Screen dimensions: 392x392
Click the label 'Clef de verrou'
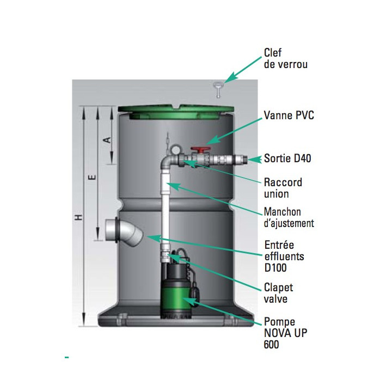(285, 58)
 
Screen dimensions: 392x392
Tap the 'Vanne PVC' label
(289, 115)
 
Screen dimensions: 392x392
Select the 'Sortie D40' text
(287, 158)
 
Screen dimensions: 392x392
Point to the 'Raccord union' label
(283, 188)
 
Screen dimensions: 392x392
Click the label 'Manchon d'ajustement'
(289, 217)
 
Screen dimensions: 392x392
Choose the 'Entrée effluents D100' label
(284, 256)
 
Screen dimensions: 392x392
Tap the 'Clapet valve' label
(279, 293)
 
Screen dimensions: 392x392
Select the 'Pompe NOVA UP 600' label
(285, 333)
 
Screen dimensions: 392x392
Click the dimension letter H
(79, 217)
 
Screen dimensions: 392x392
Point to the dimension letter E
(92, 177)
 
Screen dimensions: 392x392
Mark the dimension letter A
(107, 140)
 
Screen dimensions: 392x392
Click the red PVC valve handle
(200, 150)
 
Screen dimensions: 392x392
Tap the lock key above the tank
(218, 89)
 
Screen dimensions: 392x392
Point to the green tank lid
(176, 111)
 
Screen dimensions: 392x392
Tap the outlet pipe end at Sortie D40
(244, 159)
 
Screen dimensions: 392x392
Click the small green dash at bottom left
(67, 357)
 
